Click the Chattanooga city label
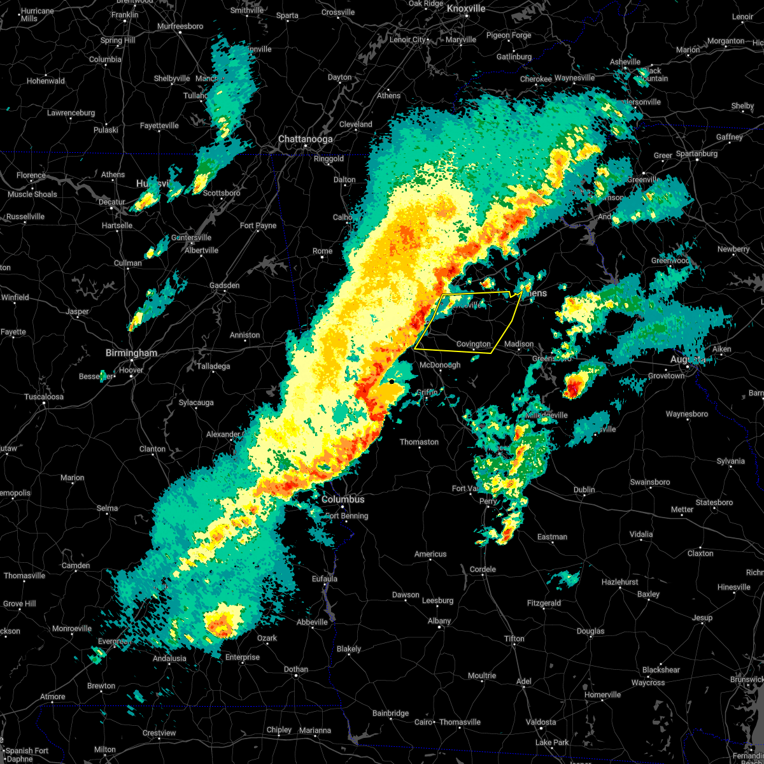click(305, 139)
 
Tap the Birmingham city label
click(131, 353)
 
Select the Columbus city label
click(343, 500)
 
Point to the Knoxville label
click(466, 8)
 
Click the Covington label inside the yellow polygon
click(474, 344)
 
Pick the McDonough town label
click(440, 365)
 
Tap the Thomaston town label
click(419, 442)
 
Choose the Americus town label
click(430, 554)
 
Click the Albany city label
click(439, 621)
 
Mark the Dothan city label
click(296, 669)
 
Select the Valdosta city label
click(541, 722)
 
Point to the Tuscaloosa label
click(43, 397)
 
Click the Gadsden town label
click(225, 285)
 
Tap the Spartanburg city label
click(697, 153)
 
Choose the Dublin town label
click(584, 490)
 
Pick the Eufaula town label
click(325, 579)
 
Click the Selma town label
click(107, 508)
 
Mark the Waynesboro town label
click(687, 414)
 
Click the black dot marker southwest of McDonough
click(391, 381)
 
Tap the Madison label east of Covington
click(519, 344)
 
